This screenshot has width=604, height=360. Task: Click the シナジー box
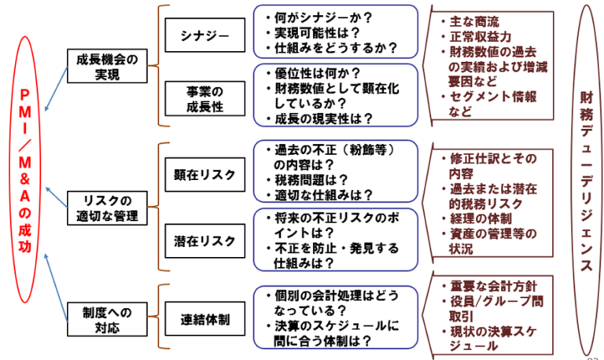(x=204, y=36)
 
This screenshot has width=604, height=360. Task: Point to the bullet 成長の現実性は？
(x=319, y=119)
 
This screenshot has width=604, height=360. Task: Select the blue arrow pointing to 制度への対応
(x=57, y=283)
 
